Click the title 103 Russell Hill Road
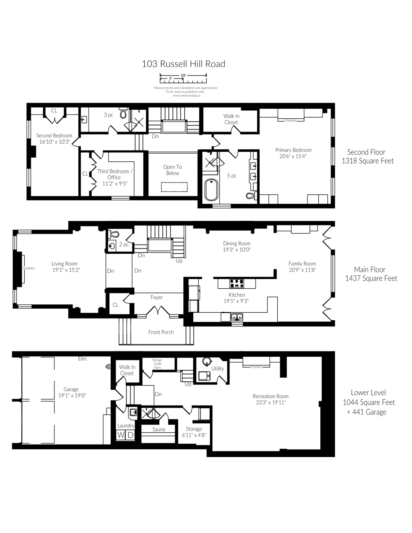(x=183, y=64)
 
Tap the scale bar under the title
(x=183, y=78)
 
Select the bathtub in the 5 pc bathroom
(x=211, y=189)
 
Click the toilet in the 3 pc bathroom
(x=123, y=113)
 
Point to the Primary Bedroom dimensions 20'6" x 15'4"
(x=293, y=156)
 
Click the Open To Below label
(x=173, y=170)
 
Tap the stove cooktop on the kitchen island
(x=237, y=284)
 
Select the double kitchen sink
(x=237, y=316)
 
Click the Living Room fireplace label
(x=29, y=268)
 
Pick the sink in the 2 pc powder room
(x=112, y=246)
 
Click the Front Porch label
(x=161, y=332)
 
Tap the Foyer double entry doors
(x=158, y=311)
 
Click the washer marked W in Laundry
(x=121, y=435)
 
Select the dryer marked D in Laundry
(x=130, y=435)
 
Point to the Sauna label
(x=159, y=430)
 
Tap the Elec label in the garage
(x=82, y=359)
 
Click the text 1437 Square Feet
(x=371, y=278)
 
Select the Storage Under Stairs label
(x=157, y=364)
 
